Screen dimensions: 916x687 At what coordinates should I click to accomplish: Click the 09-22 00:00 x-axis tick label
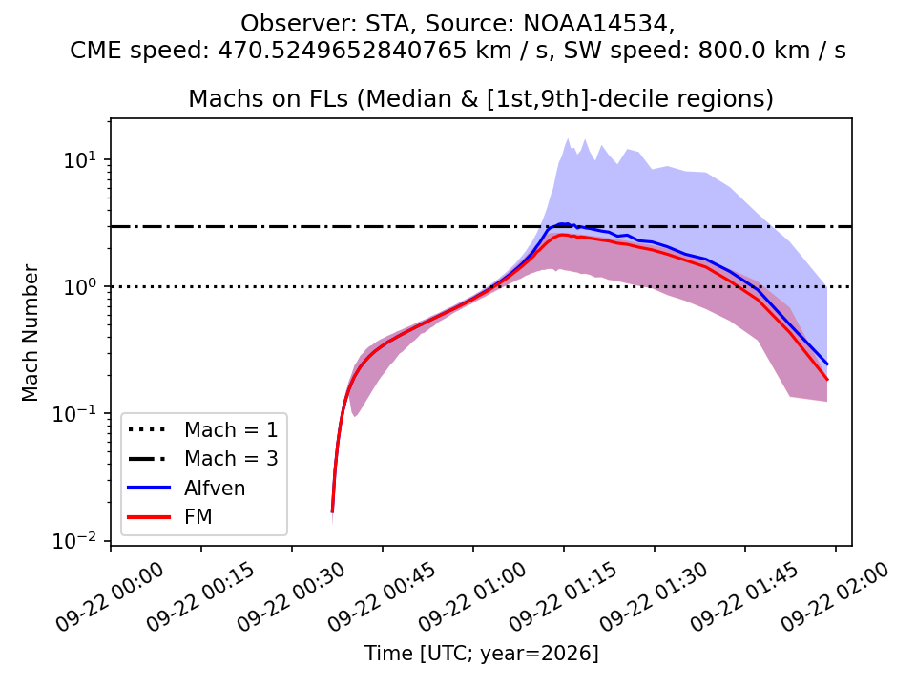click(111, 596)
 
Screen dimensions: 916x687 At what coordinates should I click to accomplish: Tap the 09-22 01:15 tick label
click(563, 596)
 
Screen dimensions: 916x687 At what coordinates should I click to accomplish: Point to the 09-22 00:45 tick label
click(382, 596)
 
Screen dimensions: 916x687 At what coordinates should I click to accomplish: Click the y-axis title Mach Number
click(30, 333)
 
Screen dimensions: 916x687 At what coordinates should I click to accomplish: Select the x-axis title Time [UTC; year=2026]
click(481, 653)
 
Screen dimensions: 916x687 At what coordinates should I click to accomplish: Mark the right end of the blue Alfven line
click(827, 364)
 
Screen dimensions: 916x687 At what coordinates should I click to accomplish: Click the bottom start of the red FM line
click(332, 511)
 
